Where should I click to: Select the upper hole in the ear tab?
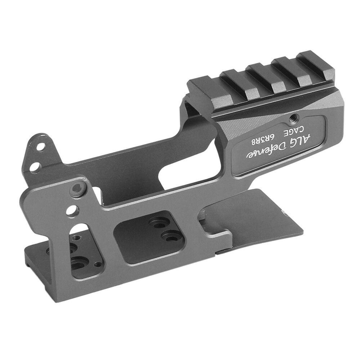pyautogui.click(x=40, y=147)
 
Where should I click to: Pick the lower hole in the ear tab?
pyautogui.click(x=35, y=166)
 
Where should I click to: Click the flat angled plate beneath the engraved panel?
pyautogui.click(x=259, y=216)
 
